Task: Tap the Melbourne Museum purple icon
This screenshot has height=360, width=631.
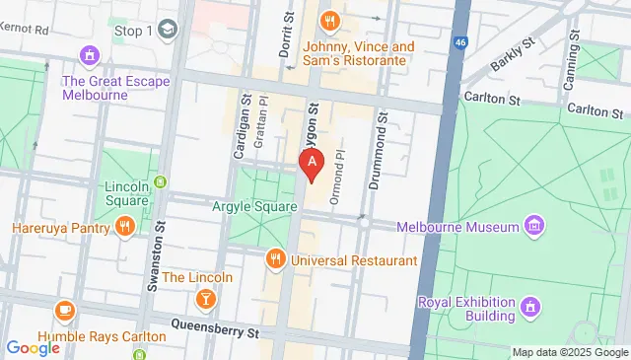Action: (x=533, y=227)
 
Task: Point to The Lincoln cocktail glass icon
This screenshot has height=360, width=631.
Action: (x=205, y=297)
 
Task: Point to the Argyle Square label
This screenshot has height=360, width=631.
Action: (x=253, y=207)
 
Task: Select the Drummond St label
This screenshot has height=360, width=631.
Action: (x=383, y=143)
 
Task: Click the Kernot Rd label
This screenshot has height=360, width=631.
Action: (x=27, y=30)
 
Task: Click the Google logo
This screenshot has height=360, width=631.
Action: (x=34, y=347)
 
